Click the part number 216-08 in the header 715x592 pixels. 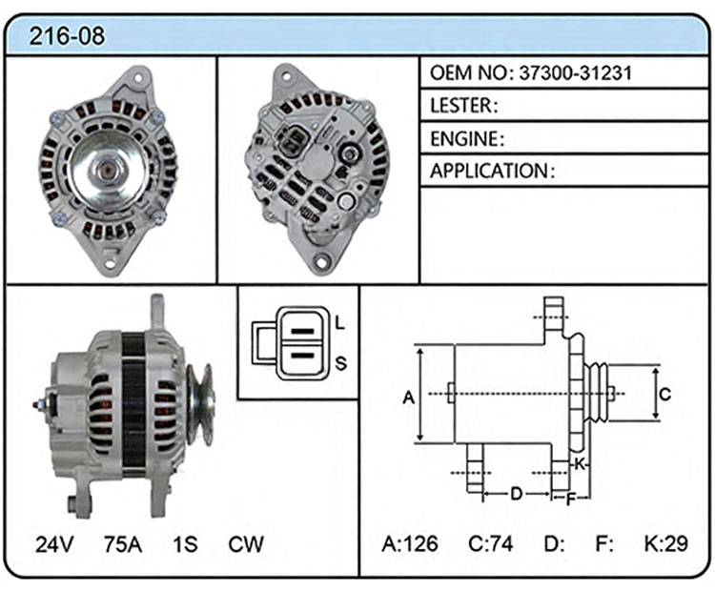[x=67, y=35]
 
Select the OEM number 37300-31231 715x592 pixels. [x=576, y=72]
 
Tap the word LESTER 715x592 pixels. [x=461, y=106]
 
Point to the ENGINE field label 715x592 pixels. [x=464, y=138]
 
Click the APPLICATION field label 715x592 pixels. [x=488, y=171]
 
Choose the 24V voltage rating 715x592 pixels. [x=54, y=543]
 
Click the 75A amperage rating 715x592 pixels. [x=123, y=543]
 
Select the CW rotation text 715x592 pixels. [x=246, y=543]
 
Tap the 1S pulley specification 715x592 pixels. [x=185, y=543]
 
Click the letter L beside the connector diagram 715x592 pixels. [x=339, y=323]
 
